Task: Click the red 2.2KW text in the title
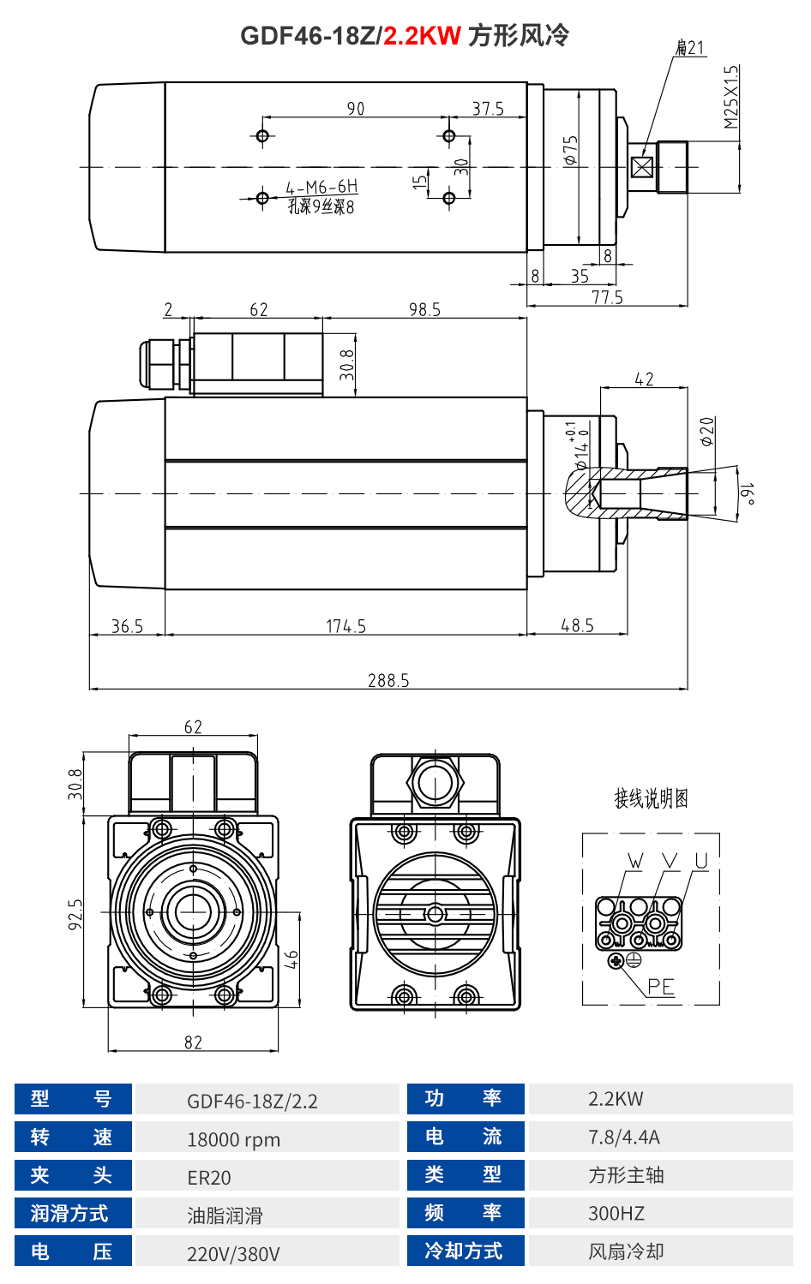[x=422, y=36]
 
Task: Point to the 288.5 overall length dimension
[x=388, y=680]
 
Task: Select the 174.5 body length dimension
[x=345, y=626]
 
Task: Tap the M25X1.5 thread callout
[x=730, y=97]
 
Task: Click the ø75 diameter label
[x=571, y=150]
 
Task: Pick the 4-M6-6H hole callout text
[x=321, y=187]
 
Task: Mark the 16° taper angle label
[x=748, y=494]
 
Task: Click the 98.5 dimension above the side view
[x=424, y=309]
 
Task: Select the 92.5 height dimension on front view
[x=76, y=914]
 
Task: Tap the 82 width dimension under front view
[x=193, y=1042]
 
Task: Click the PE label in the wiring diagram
[x=660, y=987]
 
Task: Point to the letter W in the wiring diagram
[x=635, y=861]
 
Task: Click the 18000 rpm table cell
[x=234, y=1139]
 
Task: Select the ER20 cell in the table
[x=209, y=1178]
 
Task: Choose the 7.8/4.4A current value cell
[x=624, y=1137]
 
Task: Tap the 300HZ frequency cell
[x=616, y=1213]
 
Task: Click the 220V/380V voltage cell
[x=233, y=1254]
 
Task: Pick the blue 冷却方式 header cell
[x=464, y=1251]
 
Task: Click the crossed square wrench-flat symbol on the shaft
[x=641, y=167]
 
